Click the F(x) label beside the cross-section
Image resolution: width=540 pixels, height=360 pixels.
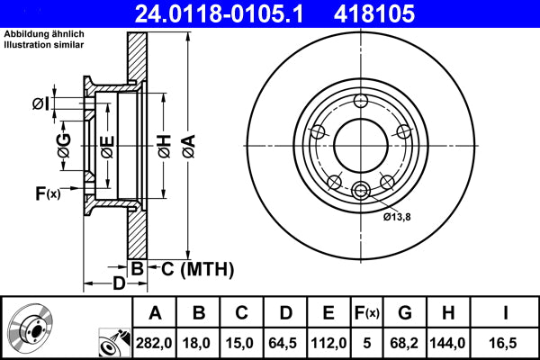coord(47,193)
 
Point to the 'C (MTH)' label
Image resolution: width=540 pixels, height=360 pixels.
coord(192,268)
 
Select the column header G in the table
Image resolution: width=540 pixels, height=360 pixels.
coord(405,313)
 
